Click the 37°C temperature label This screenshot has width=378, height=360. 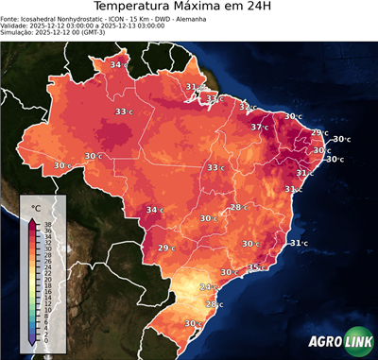click(261, 127)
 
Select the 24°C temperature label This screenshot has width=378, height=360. click(208, 286)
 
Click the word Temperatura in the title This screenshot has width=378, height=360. click(132, 9)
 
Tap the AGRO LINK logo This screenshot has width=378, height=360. click(340, 342)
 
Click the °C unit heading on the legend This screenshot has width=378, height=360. click(35, 207)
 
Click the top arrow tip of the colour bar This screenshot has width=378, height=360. click(33, 218)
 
